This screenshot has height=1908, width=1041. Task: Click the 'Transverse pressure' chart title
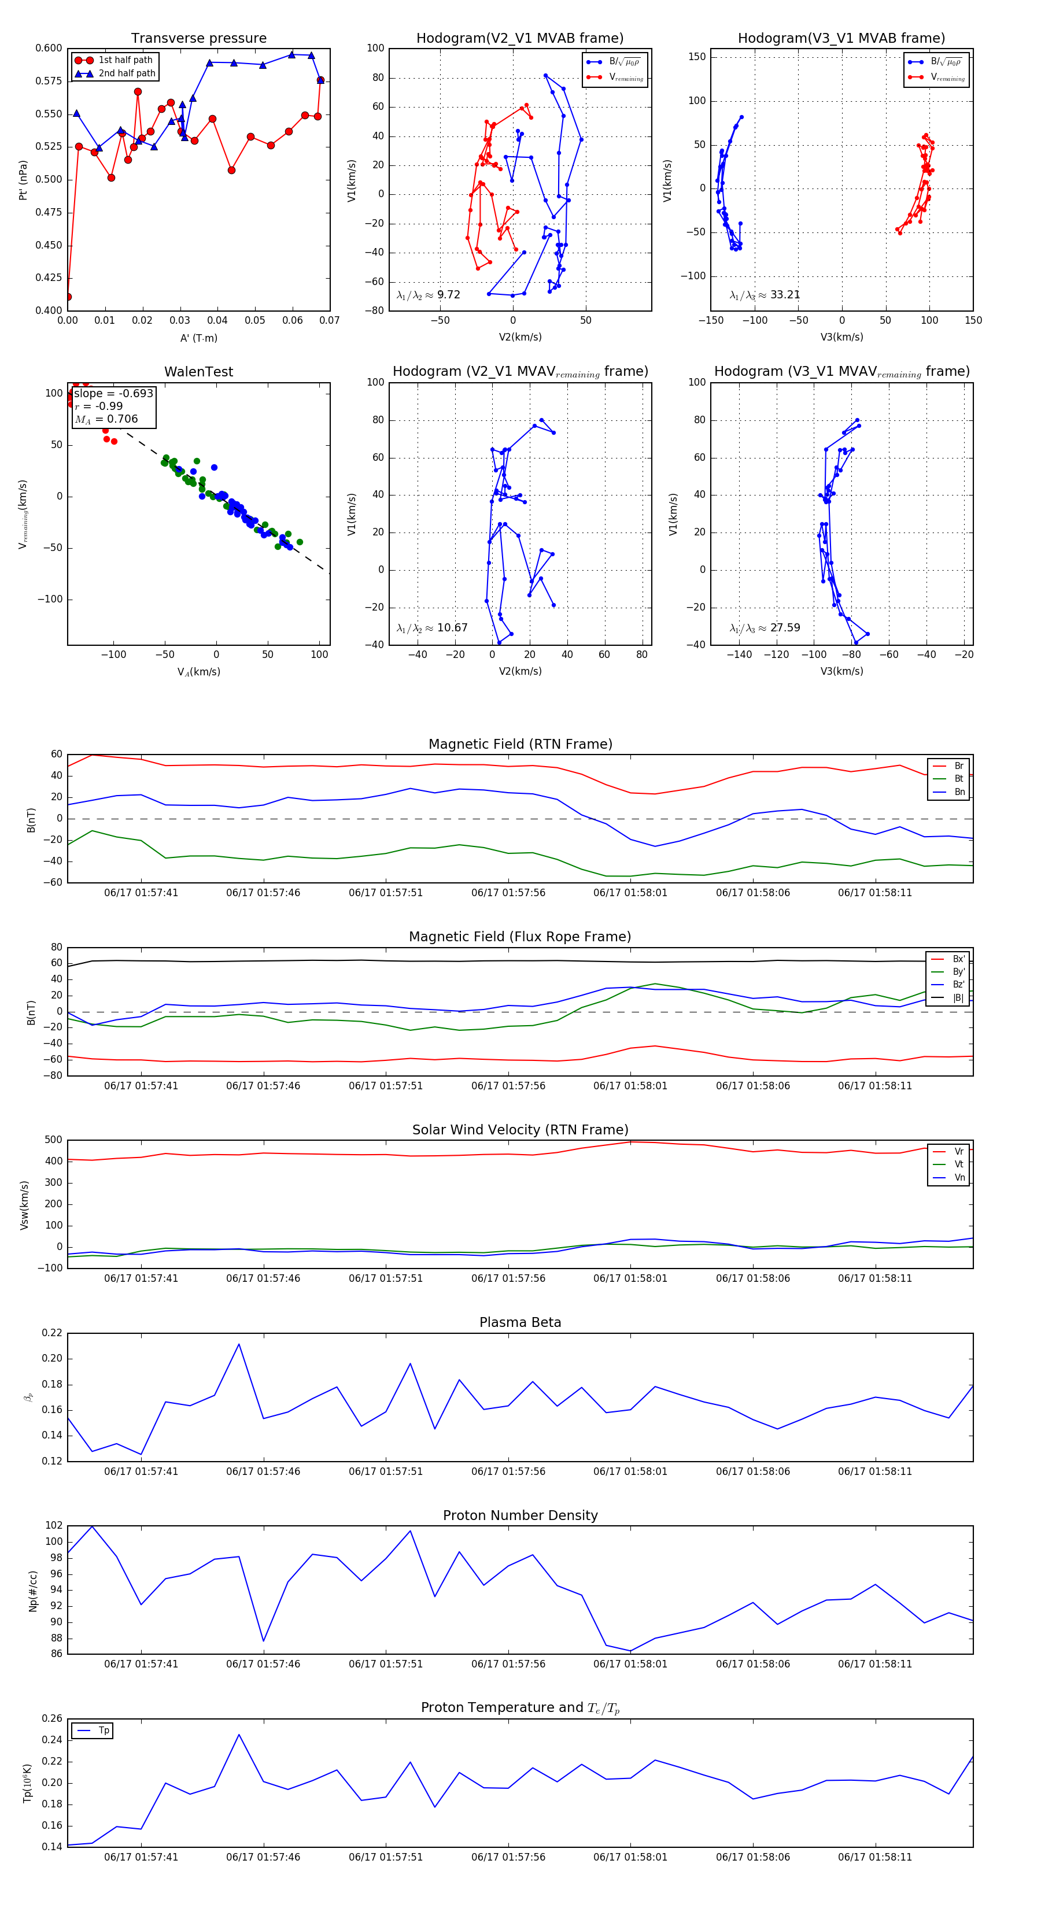click(x=198, y=39)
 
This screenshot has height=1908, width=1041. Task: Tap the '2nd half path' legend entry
click(x=127, y=73)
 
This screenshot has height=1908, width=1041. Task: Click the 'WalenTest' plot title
click(x=198, y=372)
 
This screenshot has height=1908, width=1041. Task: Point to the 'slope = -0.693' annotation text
click(x=113, y=393)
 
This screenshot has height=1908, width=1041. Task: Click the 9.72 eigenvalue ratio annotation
click(x=448, y=295)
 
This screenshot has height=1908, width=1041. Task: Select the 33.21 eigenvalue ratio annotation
click(x=785, y=295)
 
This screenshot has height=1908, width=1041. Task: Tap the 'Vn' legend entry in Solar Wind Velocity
click(x=959, y=1178)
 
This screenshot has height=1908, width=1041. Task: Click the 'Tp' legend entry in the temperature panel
click(x=104, y=1730)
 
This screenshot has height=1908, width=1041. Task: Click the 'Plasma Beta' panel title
click(x=520, y=1323)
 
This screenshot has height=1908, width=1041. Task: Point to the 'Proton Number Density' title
click(x=520, y=1515)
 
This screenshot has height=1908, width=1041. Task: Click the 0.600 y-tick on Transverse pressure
click(x=49, y=48)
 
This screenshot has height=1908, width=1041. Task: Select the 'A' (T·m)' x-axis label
click(x=198, y=338)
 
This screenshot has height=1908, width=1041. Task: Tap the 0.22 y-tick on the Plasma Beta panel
click(x=52, y=1333)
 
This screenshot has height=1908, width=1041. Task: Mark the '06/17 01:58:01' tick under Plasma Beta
click(x=630, y=1471)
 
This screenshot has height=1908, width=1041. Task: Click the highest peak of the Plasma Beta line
click(x=239, y=1344)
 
